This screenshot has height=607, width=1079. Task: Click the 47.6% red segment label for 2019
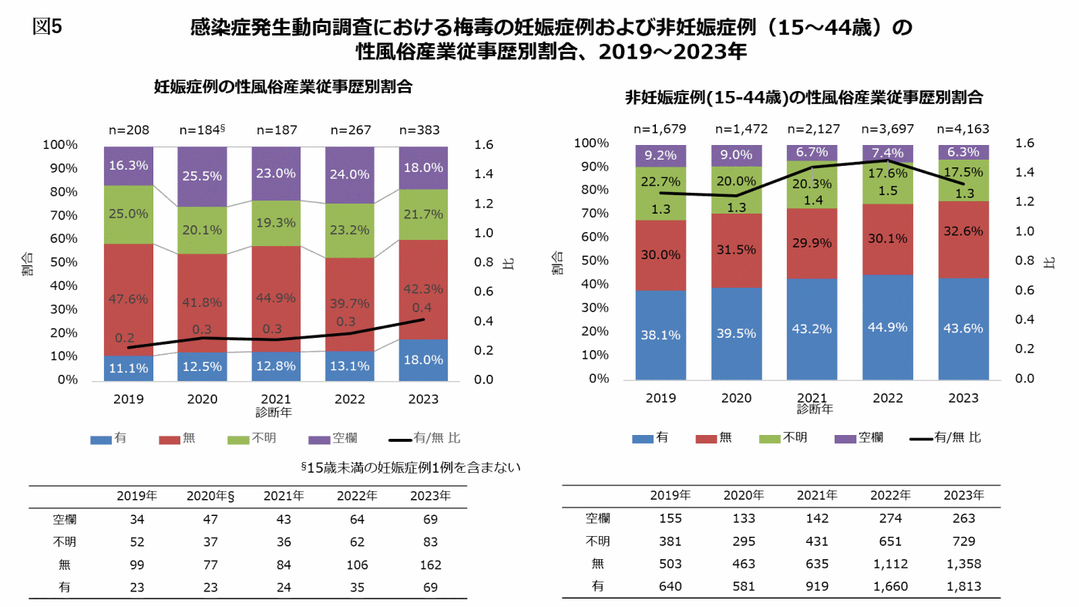tap(128, 299)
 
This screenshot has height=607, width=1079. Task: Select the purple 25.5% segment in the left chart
tap(202, 176)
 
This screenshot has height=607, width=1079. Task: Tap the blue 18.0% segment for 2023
tap(423, 359)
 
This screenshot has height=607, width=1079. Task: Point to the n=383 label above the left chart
tap(423, 130)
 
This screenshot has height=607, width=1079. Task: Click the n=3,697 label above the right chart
tap(888, 129)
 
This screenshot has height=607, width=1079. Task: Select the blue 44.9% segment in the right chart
tap(888, 327)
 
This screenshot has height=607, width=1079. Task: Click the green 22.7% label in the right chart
tap(661, 182)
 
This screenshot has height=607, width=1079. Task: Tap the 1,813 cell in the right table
tap(963, 586)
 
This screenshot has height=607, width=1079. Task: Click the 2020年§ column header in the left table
tap(210, 495)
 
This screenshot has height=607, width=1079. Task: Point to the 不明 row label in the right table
tap(597, 541)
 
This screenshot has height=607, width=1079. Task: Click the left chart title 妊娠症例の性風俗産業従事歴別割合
tap(283, 87)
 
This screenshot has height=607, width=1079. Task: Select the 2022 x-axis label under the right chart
tap(888, 398)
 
